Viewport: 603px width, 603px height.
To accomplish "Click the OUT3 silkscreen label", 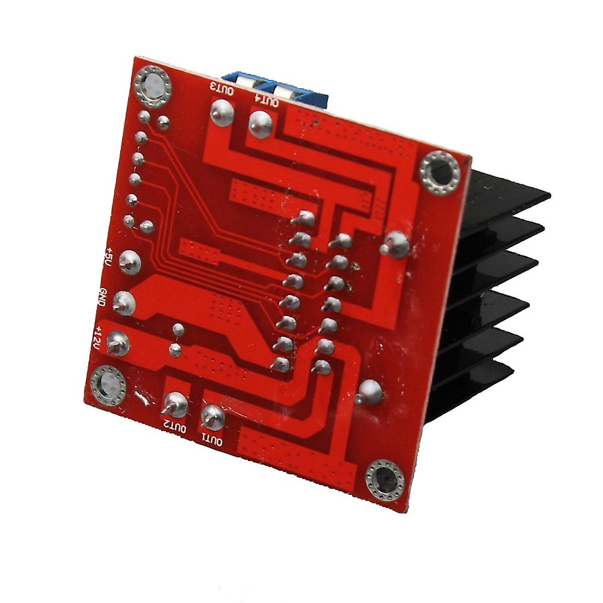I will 222,88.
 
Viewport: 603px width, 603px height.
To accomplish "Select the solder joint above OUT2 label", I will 176,403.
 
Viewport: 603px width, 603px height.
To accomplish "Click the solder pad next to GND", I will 124,302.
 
